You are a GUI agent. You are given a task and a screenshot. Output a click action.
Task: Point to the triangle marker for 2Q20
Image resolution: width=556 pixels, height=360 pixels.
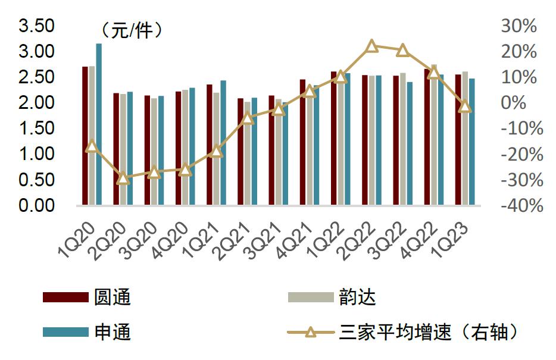point(123,178)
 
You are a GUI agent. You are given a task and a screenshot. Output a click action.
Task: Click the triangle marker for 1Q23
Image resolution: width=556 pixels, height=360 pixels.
point(465,107)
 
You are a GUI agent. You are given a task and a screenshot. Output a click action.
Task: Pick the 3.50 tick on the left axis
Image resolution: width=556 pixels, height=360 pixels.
point(37,26)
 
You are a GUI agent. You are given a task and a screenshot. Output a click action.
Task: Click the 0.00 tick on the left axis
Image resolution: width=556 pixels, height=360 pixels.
point(37,205)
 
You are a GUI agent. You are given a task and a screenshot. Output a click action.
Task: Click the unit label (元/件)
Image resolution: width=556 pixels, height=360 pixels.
point(132,29)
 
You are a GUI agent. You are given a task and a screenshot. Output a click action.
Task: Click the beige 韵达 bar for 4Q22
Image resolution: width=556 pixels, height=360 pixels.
point(434,134)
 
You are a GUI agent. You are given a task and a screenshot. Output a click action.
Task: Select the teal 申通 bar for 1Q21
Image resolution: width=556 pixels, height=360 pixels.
point(223,143)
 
